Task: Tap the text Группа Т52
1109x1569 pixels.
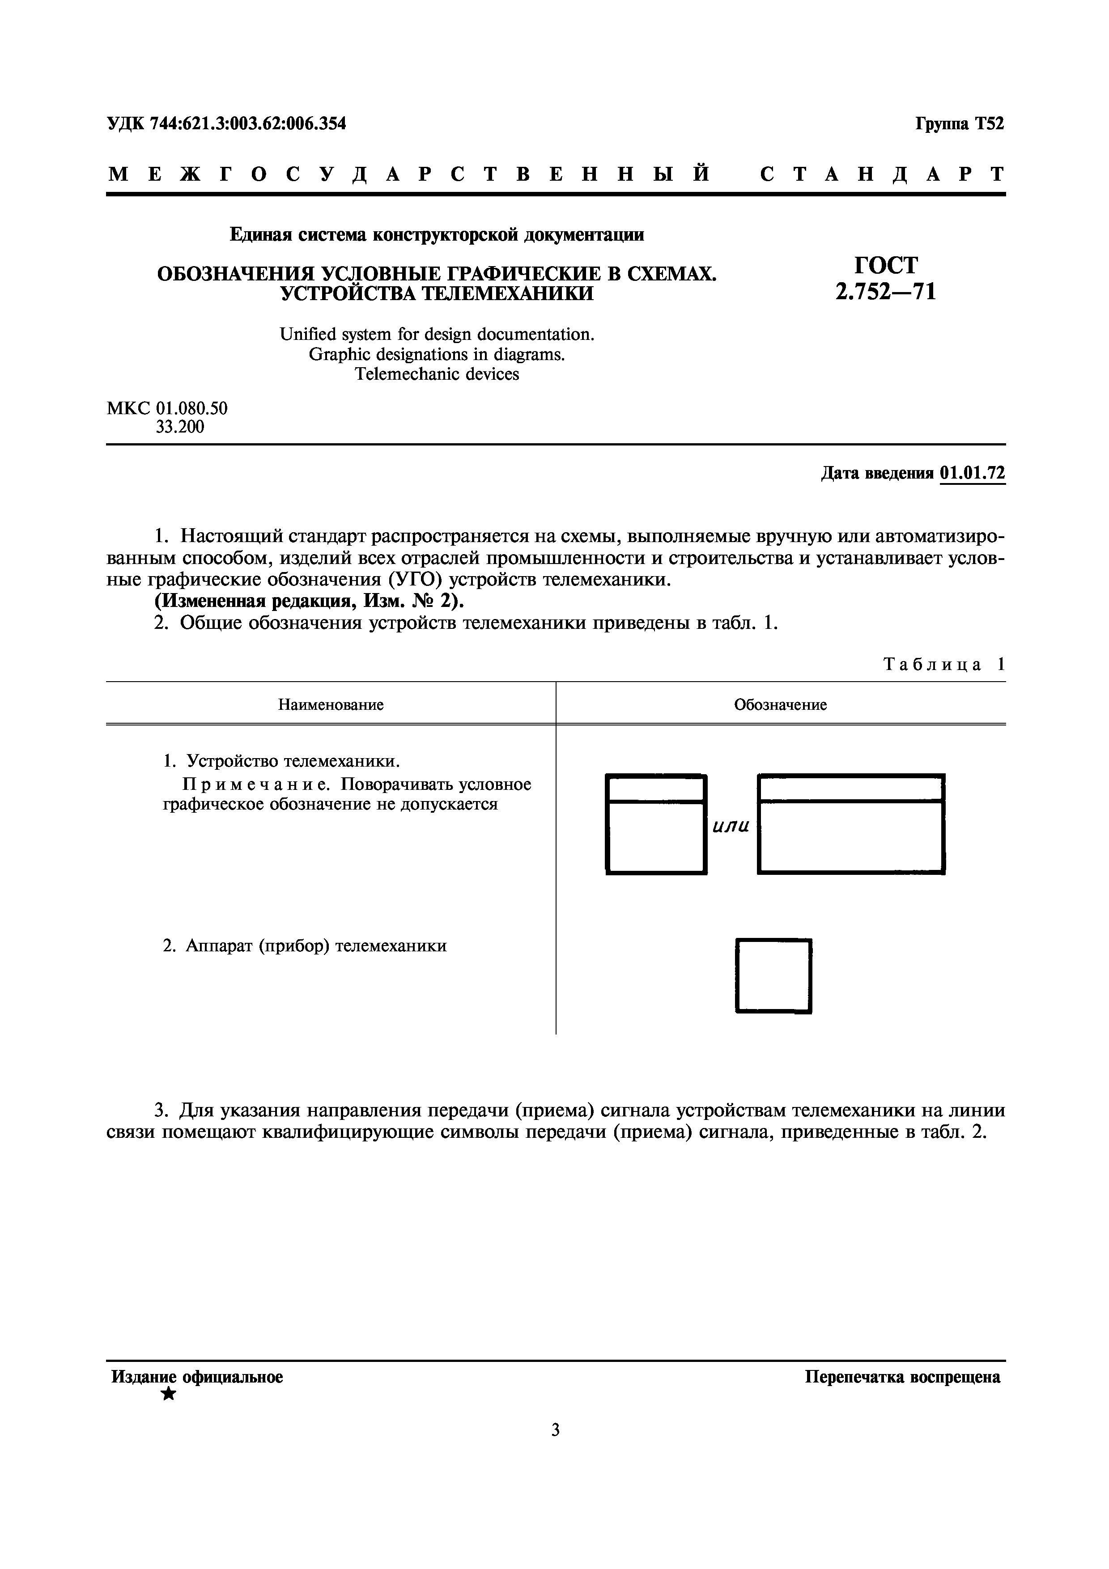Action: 959,124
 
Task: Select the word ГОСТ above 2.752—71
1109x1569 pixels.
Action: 885,265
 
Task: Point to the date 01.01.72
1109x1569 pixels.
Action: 973,473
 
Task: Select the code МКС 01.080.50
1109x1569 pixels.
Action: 167,409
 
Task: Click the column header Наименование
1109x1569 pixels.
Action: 331,704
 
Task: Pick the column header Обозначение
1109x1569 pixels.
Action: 780,704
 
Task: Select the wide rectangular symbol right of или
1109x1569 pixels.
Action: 851,824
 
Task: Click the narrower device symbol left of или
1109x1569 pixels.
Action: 656,824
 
